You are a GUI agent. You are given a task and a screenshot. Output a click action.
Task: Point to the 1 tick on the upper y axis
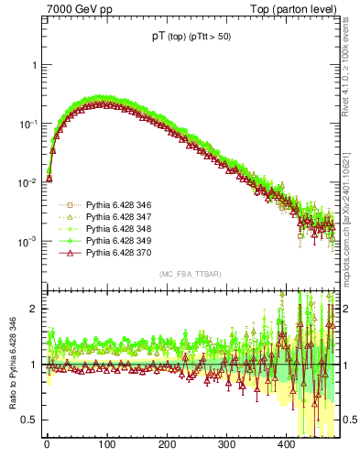[x=34, y=65]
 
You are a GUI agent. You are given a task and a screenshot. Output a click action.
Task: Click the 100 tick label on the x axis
[x=106, y=444]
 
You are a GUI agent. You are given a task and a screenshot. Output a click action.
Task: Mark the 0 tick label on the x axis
[x=47, y=444]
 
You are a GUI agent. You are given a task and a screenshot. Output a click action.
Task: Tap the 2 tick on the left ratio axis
[x=35, y=309]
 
